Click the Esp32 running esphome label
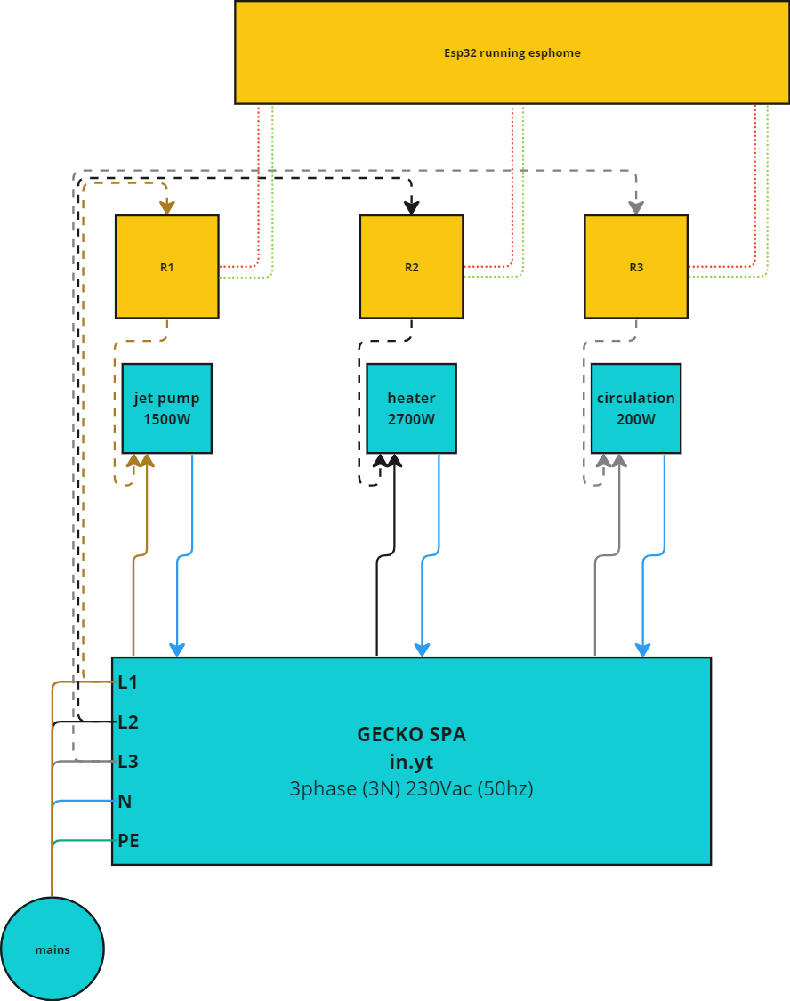[x=512, y=52]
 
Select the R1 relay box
[x=166, y=267]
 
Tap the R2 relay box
[x=411, y=267]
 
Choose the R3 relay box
[x=636, y=267]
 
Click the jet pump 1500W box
[x=166, y=408]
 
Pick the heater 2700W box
[x=411, y=408]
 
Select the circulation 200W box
[x=636, y=408]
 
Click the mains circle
[x=52, y=949]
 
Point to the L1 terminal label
[x=128, y=682]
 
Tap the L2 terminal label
[x=128, y=722]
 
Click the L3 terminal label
[x=128, y=762]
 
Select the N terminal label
[x=125, y=801]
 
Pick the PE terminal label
[x=128, y=840]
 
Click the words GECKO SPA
[x=411, y=734]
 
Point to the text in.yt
[x=411, y=762]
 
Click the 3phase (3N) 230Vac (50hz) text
[x=411, y=788]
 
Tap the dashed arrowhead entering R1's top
[x=166, y=207]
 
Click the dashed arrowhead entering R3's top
[x=636, y=206]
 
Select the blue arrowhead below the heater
[x=422, y=649]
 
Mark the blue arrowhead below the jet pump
[x=177, y=649]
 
